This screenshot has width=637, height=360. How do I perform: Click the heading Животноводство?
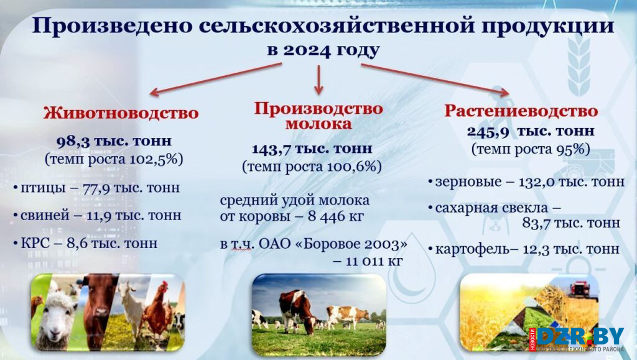click(x=121, y=113)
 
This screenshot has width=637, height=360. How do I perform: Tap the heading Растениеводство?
click(x=521, y=111)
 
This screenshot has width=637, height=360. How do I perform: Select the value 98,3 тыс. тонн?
click(x=114, y=141)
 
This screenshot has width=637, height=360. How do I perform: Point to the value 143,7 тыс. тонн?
click(x=312, y=149)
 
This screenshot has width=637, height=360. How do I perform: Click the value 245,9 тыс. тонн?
click(x=531, y=131)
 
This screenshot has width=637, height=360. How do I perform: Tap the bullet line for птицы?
click(x=96, y=188)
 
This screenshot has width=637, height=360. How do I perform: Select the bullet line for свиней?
click(x=96, y=215)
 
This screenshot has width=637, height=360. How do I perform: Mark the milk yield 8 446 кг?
click(x=335, y=216)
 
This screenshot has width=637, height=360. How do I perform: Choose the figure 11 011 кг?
click(x=374, y=261)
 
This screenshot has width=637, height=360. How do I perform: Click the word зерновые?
click(x=468, y=182)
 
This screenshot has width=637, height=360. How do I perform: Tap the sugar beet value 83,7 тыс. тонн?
click(x=571, y=223)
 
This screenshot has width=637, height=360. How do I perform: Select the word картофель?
click(x=472, y=249)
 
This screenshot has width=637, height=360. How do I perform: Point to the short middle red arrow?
click(x=319, y=80)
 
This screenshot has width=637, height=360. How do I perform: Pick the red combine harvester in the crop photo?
click(x=580, y=289)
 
